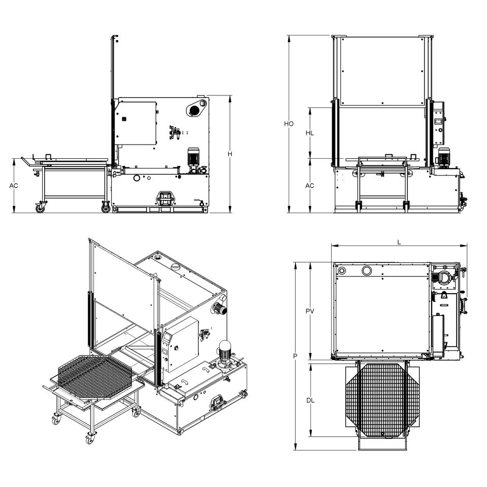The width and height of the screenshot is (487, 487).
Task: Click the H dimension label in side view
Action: [229, 154]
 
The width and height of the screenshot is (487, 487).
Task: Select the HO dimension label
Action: [289, 124]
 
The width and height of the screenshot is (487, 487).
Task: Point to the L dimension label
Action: [399, 242]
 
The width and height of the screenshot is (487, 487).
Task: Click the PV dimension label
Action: [310, 311]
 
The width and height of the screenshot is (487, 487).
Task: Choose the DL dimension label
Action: [310, 400]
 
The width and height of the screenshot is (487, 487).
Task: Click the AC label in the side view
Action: [14, 186]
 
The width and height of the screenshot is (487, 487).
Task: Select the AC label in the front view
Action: [309, 186]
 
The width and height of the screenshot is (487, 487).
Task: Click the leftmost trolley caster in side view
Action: [39, 206]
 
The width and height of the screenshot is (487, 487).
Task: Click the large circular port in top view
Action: [366, 270]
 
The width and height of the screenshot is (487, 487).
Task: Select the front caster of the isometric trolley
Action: [91, 438]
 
